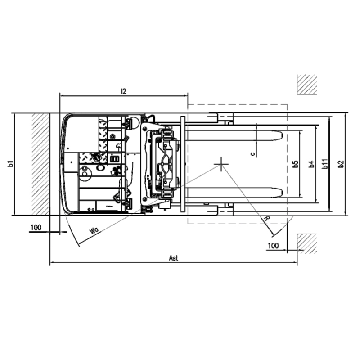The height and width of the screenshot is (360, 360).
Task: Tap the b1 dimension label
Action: (11, 164)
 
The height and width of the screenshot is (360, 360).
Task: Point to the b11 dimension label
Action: (325, 164)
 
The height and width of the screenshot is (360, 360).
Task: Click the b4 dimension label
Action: (311, 164)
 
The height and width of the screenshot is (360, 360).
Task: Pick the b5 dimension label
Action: (296, 164)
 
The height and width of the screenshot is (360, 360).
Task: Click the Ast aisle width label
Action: (173, 258)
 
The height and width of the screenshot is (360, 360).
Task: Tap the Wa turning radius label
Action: (94, 230)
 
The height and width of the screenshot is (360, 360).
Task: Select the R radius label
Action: (266, 218)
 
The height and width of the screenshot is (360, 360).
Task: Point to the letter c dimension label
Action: (253, 154)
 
